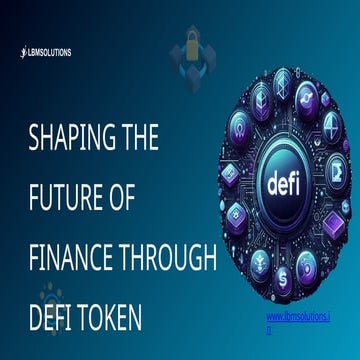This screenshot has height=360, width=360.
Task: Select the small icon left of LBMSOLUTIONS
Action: pyautogui.click(x=23, y=51)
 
